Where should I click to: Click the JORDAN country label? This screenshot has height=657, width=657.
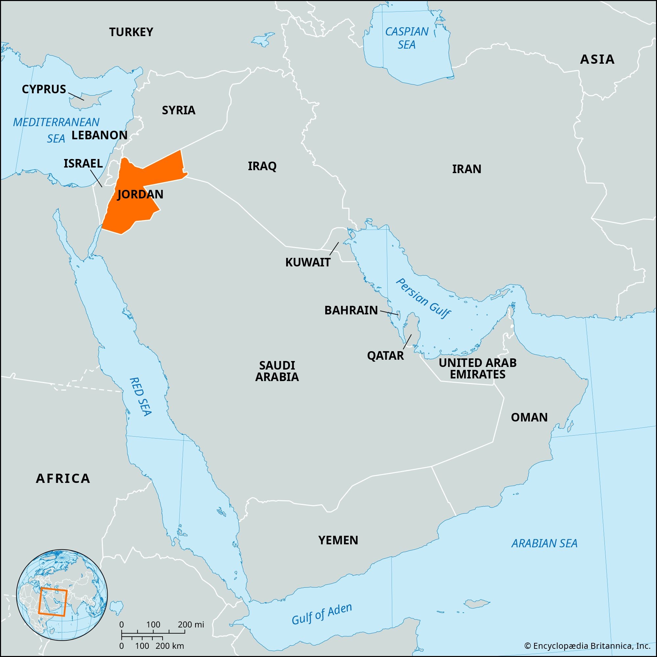click(x=140, y=194)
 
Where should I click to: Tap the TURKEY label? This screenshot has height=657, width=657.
click(x=131, y=32)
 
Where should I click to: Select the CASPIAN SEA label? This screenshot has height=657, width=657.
click(x=407, y=38)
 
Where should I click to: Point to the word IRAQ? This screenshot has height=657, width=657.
click(x=262, y=166)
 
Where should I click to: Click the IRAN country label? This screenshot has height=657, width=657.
click(x=466, y=169)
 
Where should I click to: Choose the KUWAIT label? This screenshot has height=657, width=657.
click(x=307, y=262)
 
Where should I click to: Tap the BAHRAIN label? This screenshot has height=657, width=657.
click(x=351, y=310)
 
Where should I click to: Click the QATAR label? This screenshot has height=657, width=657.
click(x=385, y=356)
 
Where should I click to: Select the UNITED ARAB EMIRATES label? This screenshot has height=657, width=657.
click(x=477, y=368)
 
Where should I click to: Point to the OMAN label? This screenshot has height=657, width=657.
click(x=529, y=417)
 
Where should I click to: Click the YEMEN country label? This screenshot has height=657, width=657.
click(x=338, y=540)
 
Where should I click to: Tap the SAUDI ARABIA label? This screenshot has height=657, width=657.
click(x=277, y=371)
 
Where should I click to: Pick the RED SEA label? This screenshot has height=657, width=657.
click(x=140, y=396)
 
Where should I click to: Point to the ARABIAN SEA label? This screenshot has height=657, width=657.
click(x=544, y=543)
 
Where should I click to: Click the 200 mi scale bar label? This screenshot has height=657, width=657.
click(x=191, y=624)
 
